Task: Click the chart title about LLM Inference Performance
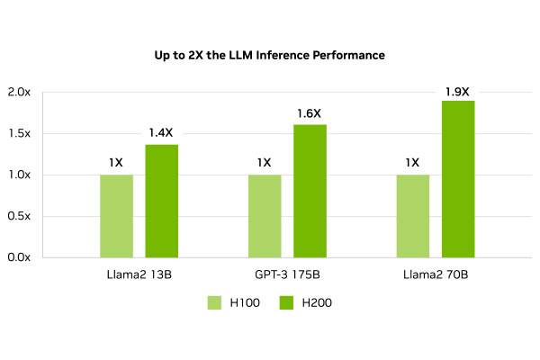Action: tap(269, 56)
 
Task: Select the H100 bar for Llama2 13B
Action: tap(116, 216)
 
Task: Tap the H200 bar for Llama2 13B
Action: tap(161, 201)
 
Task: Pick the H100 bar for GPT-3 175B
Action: tap(265, 216)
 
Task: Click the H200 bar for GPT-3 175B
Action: tap(310, 191)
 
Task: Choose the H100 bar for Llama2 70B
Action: tap(412, 216)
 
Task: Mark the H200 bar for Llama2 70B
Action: tap(458, 179)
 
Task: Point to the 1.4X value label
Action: tap(161, 133)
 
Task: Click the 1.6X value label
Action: tap(309, 113)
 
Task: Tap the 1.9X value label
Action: tap(457, 91)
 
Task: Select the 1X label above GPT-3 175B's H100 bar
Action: tap(264, 163)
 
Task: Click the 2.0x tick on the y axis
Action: tap(19, 93)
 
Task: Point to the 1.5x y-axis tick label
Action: tap(19, 134)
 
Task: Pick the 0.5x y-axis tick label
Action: tap(19, 216)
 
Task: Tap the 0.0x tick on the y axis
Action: tap(19, 257)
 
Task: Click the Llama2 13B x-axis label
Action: tap(139, 274)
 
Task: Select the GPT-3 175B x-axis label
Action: tap(286, 274)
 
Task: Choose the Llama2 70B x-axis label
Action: tap(435, 274)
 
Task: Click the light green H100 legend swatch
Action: tap(215, 303)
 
